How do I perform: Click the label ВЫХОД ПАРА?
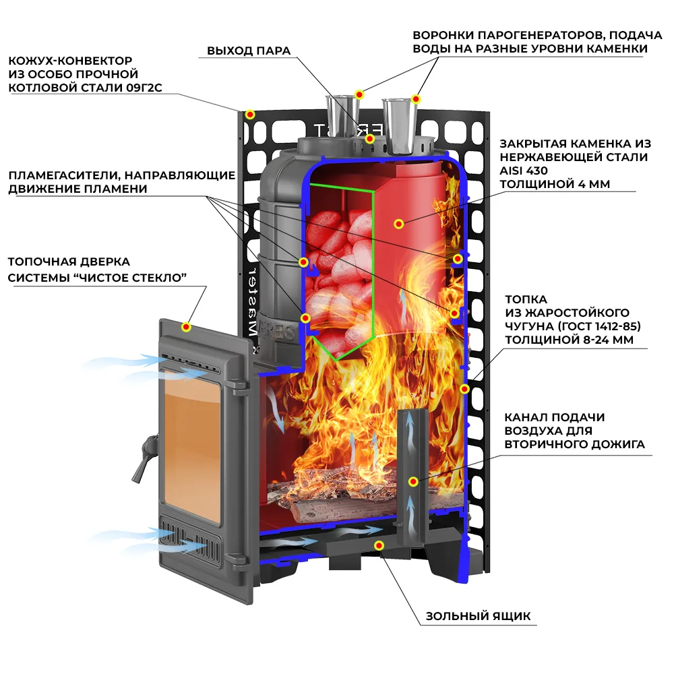(249, 51)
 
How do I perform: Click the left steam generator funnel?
(341, 115)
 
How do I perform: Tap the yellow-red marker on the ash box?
(379, 545)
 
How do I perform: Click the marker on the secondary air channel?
(413, 481)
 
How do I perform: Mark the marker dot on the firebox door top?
(186, 328)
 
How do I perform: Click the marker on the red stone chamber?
(398, 223)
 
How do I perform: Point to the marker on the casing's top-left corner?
(249, 115)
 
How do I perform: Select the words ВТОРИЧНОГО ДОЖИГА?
(574, 444)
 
